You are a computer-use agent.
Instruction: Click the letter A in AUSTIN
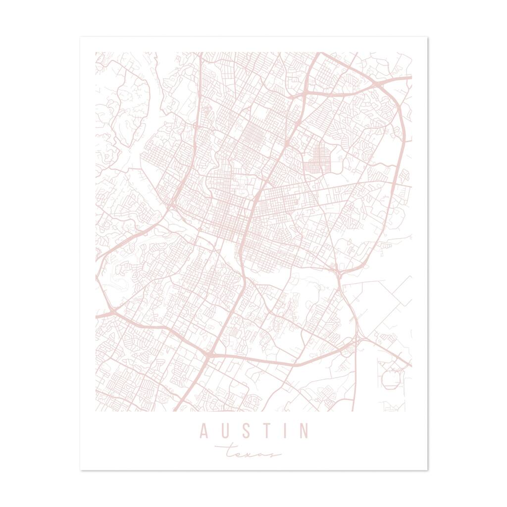tap(203, 431)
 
